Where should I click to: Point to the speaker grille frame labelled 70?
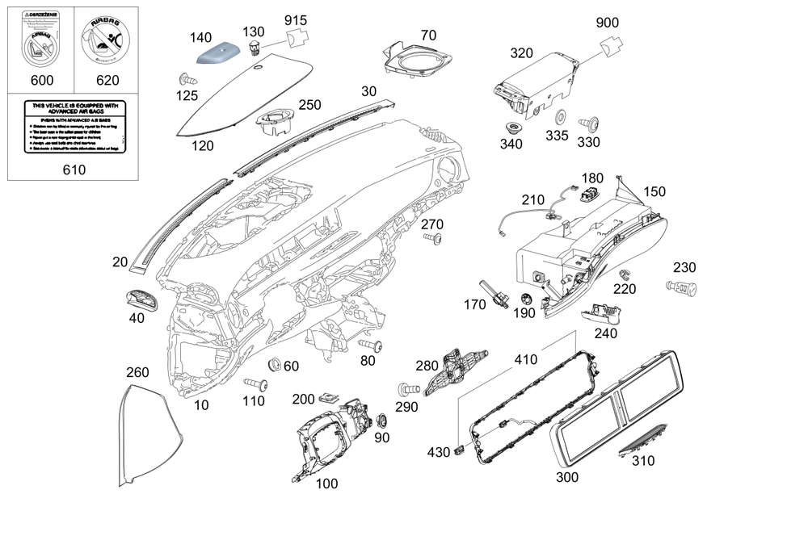(x=419, y=59)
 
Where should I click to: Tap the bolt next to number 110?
(x=259, y=383)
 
